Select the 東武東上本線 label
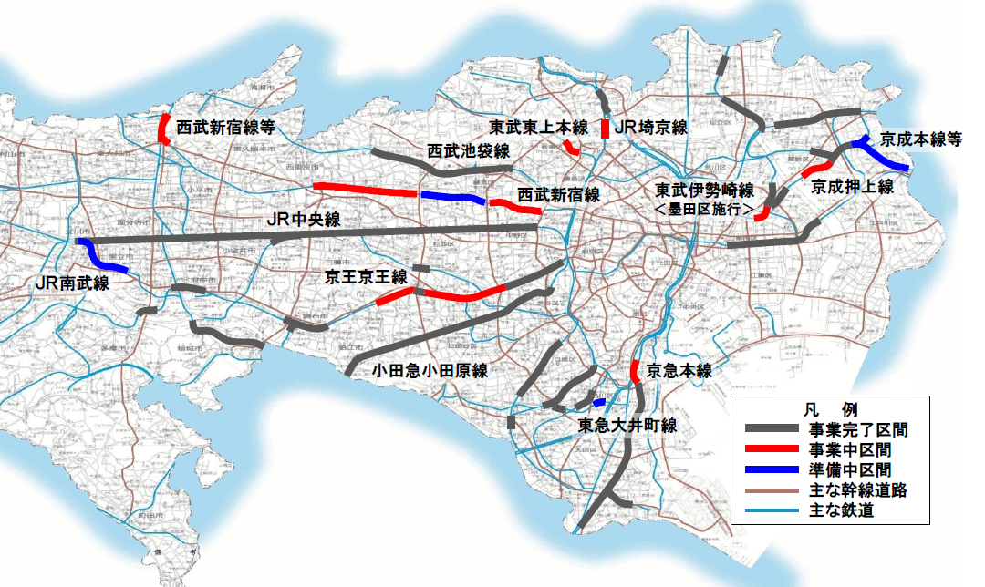538,127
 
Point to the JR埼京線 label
650,128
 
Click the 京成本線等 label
921,140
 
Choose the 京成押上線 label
852,186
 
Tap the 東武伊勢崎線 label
704,191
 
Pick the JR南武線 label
72,283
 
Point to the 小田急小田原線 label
430,370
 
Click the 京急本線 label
679,370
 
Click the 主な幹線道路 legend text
856,490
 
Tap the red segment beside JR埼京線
606,129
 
